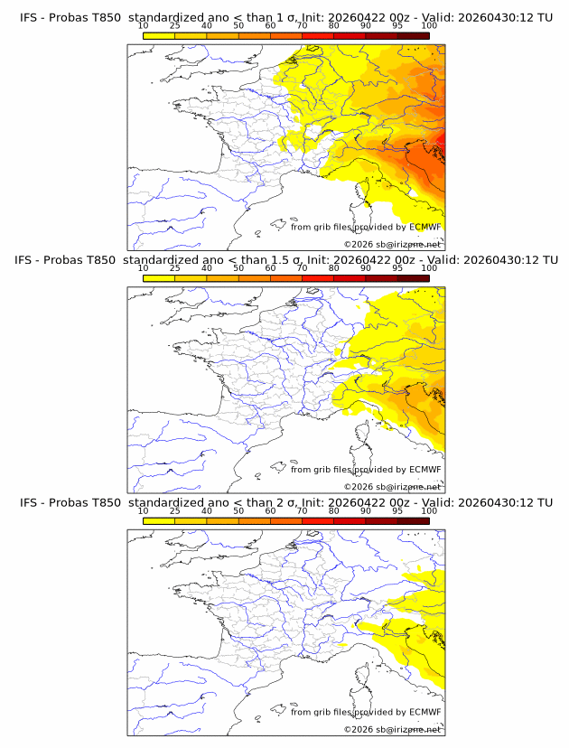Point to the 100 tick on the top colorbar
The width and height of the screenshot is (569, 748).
[429, 25]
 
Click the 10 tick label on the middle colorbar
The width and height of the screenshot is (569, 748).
[143, 268]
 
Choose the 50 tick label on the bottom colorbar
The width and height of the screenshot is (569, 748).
[238, 511]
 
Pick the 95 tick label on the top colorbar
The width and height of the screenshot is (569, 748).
[397, 25]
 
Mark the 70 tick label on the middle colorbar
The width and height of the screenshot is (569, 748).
[302, 268]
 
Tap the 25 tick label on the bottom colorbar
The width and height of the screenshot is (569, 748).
[174, 511]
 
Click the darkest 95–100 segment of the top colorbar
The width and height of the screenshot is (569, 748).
[414, 35]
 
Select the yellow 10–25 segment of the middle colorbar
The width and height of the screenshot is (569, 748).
[159, 278]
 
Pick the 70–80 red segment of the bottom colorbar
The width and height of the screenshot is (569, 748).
[318, 521]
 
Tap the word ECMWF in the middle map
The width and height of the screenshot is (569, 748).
[424, 469]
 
